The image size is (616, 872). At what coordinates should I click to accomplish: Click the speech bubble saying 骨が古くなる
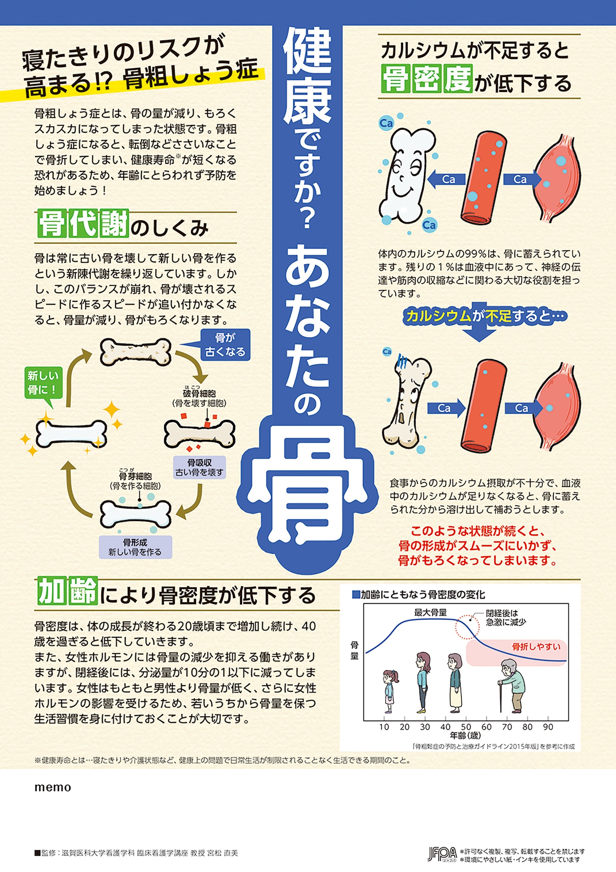[225, 344]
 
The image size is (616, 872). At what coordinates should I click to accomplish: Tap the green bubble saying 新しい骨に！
[43, 382]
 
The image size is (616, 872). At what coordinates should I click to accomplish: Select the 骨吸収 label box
[199, 467]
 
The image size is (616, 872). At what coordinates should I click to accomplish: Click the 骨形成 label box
[135, 547]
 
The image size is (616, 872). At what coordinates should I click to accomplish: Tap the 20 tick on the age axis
[405, 727]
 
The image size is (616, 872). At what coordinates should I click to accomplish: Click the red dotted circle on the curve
[467, 626]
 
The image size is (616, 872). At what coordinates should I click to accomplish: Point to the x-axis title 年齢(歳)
[466, 736]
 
